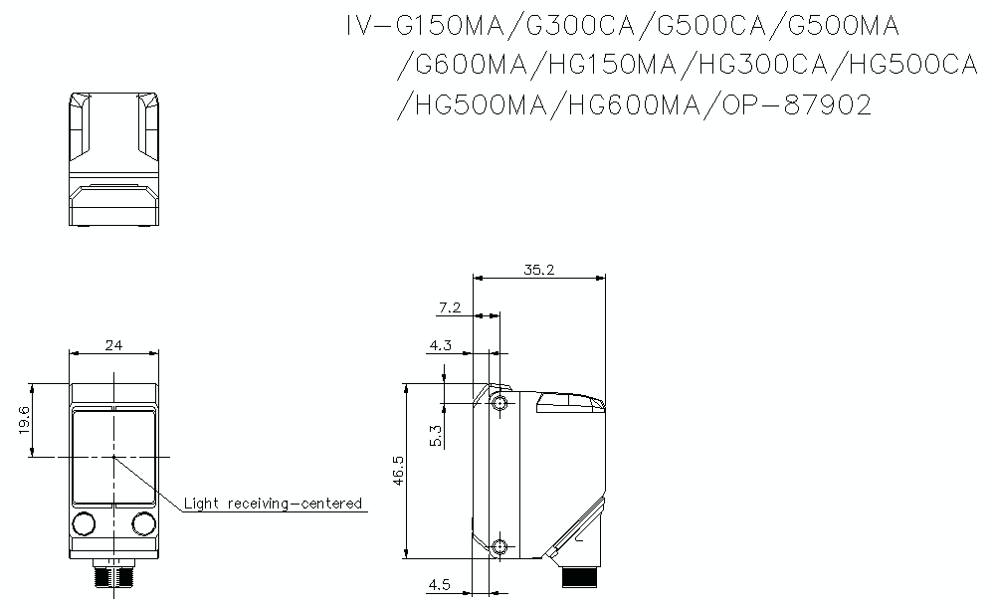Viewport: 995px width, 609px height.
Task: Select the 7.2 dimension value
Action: [450, 307]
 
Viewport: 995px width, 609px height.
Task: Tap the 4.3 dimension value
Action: [442, 345]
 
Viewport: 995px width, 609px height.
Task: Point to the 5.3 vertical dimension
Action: [435, 436]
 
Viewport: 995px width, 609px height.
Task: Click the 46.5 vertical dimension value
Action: [398, 471]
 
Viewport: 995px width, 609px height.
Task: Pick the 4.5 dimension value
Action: [441, 585]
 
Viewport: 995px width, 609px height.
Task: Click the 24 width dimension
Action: [113, 345]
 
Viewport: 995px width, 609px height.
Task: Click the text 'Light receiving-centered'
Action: [273, 504]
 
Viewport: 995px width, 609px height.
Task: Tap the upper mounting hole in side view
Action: [499, 403]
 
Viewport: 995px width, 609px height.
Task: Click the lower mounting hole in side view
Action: [499, 546]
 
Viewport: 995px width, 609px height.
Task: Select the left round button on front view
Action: [85, 523]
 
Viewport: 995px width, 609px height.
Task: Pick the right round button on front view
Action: [143, 523]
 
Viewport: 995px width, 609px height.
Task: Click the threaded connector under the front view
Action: [113, 576]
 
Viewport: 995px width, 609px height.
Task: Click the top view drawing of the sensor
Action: [113, 159]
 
